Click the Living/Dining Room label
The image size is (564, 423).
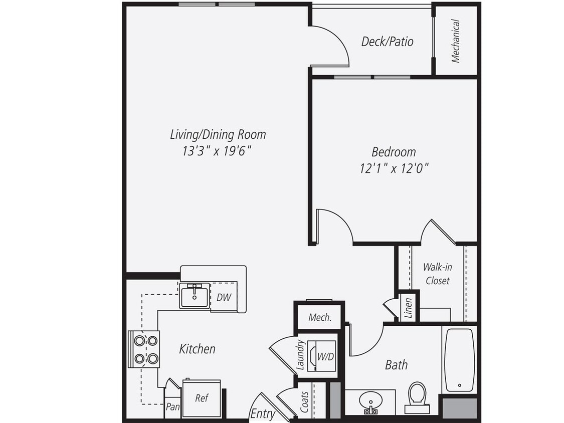click(x=218, y=134)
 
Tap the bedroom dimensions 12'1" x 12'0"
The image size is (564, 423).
click(x=394, y=168)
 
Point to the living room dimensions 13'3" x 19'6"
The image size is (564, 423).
click(x=217, y=151)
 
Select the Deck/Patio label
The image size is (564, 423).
click(x=388, y=42)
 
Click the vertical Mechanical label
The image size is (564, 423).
click(x=456, y=41)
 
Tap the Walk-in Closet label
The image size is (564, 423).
click(x=437, y=274)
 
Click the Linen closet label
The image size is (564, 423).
click(x=408, y=308)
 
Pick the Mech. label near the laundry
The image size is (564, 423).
click(x=319, y=317)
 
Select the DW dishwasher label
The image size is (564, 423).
click(x=224, y=297)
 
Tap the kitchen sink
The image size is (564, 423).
click(x=195, y=296)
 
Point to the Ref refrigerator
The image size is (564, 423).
click(x=202, y=398)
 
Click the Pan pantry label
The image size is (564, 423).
click(x=172, y=407)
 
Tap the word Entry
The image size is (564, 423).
click(x=263, y=414)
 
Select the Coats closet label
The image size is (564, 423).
click(x=305, y=402)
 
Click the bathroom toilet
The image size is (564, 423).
click(x=417, y=397)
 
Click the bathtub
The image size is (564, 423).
click(x=459, y=360)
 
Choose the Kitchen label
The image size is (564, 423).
click(x=197, y=349)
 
